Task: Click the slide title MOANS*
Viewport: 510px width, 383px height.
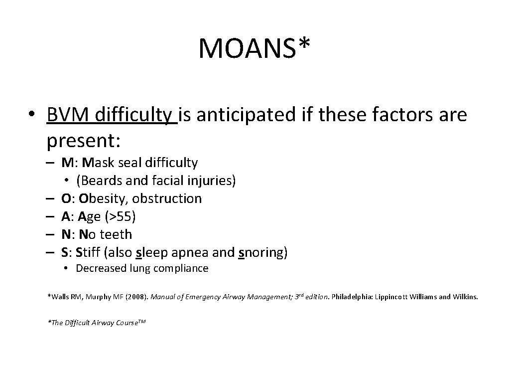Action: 255,48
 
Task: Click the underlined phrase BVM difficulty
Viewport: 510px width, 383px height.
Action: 112,116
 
